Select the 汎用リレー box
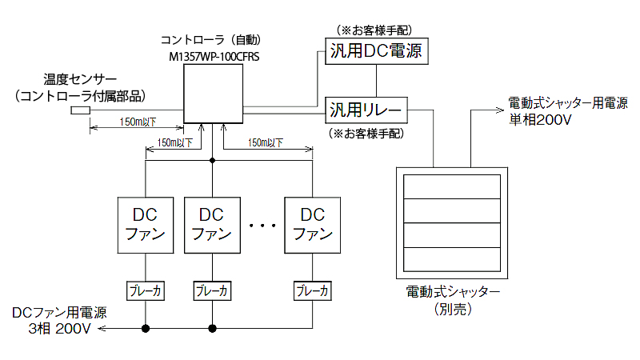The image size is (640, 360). click(x=367, y=108)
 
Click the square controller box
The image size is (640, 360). click(x=213, y=94)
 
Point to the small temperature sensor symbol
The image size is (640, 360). click(x=80, y=111)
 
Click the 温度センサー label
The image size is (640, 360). click(x=81, y=80)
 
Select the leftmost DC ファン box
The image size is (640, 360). click(x=146, y=224)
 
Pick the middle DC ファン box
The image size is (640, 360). click(x=212, y=224)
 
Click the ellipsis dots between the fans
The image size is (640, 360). click(x=262, y=226)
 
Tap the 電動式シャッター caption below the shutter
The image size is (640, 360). click(x=454, y=291)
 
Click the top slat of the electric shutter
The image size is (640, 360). click(x=454, y=188)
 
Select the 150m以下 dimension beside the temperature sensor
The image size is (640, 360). click(x=138, y=122)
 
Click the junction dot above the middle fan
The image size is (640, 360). click(x=212, y=161)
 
